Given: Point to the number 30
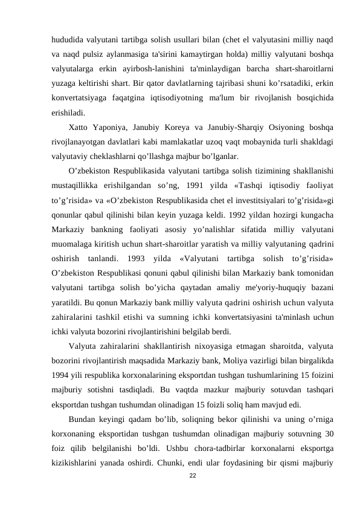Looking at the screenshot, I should coord(326,432).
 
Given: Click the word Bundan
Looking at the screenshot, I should coord(83,418).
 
